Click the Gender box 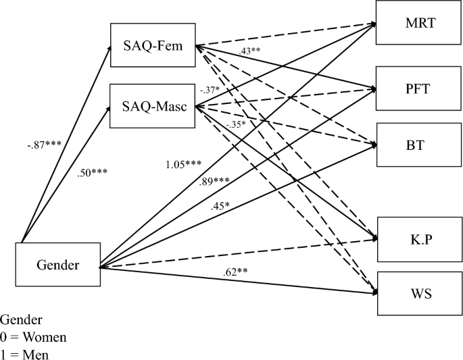pyautogui.click(x=57, y=265)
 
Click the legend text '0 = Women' pyautogui.click(x=34, y=336)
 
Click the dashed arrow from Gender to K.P pyautogui.click(x=237, y=253)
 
